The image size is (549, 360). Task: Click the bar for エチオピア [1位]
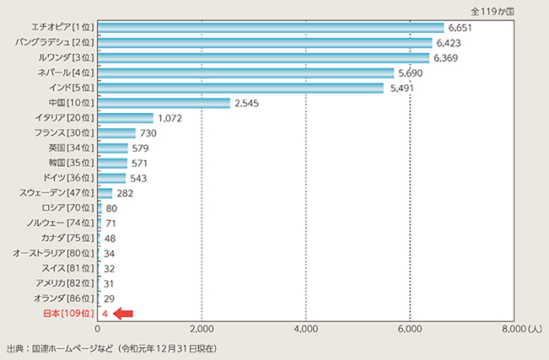tap(270, 28)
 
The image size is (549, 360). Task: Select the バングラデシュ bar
tap(266, 42)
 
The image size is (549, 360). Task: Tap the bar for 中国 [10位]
tap(164, 103)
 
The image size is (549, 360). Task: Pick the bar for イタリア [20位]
tap(126, 118)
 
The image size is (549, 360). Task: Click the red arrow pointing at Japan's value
tap(123, 314)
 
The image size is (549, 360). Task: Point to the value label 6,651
tap(460, 28)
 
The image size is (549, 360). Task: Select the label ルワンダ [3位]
tap(67, 58)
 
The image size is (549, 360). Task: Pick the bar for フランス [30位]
tap(116, 133)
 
